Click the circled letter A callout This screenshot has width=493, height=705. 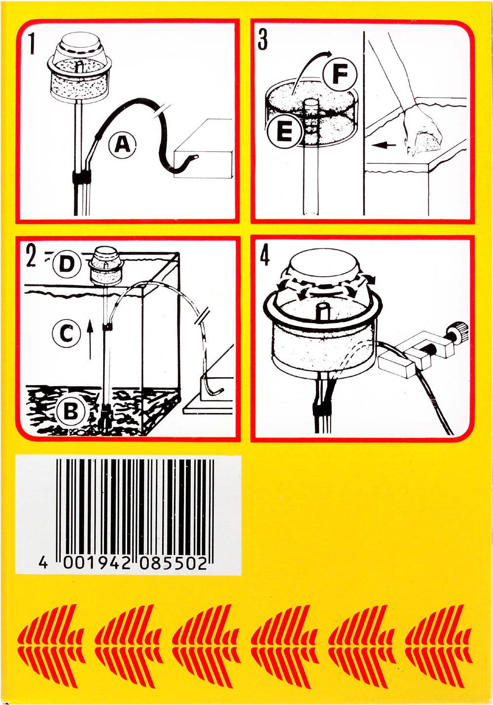[x=122, y=145]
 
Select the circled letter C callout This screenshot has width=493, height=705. [x=67, y=333]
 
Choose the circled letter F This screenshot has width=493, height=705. [x=340, y=74]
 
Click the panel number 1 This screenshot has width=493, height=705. [x=31, y=44]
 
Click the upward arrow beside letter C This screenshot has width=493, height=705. [x=90, y=339]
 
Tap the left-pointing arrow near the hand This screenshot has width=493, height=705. [x=383, y=145]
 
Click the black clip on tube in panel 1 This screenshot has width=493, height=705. [x=82, y=177]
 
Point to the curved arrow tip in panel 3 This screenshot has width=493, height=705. [x=330, y=52]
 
